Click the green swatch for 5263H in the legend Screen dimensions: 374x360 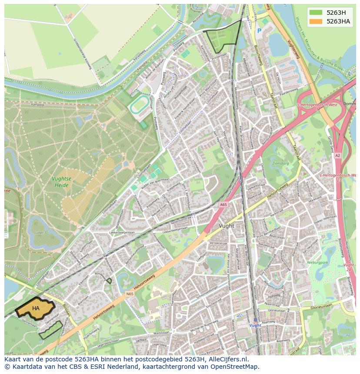pos(316,13)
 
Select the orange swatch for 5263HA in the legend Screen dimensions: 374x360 pos(316,21)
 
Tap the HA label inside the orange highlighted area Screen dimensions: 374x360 pos(36,308)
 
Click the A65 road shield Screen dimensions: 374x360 pos(223,205)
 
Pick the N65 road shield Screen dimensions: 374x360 pos(130,294)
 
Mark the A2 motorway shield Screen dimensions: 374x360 pos(338,155)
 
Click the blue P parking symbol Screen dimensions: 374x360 pos(259,31)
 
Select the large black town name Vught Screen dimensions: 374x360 pos(227,226)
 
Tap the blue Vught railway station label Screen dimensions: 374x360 pos(255,325)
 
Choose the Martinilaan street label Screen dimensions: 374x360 pos(155,333)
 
